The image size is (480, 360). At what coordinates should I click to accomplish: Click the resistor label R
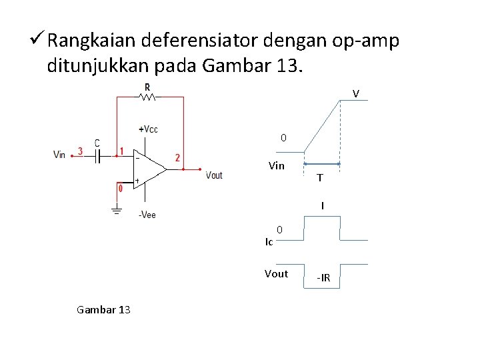click(x=147, y=87)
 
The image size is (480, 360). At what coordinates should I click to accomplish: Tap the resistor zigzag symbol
click(x=147, y=97)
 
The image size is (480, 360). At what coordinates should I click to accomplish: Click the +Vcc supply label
click(x=148, y=129)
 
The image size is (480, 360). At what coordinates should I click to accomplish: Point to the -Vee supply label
click(x=147, y=215)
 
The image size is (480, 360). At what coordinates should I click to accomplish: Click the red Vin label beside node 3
click(x=59, y=155)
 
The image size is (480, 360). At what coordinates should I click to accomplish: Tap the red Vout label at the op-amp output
click(x=214, y=175)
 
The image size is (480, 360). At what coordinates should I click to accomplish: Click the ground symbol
click(x=117, y=213)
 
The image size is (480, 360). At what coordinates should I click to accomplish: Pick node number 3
click(x=80, y=151)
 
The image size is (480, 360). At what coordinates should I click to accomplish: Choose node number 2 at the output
click(x=177, y=158)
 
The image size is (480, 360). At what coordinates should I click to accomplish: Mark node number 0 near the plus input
click(x=120, y=189)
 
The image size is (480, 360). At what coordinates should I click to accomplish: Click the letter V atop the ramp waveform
click(x=356, y=94)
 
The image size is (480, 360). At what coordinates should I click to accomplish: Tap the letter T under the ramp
click(x=321, y=178)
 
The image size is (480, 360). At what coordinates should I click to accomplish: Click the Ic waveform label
click(x=269, y=241)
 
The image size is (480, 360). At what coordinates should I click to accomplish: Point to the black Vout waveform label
click(x=276, y=273)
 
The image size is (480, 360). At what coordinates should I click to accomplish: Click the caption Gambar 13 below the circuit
click(x=103, y=309)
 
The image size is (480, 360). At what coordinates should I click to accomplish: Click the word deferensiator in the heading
click(x=201, y=41)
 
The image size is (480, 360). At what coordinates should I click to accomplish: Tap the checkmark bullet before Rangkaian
click(x=38, y=41)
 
